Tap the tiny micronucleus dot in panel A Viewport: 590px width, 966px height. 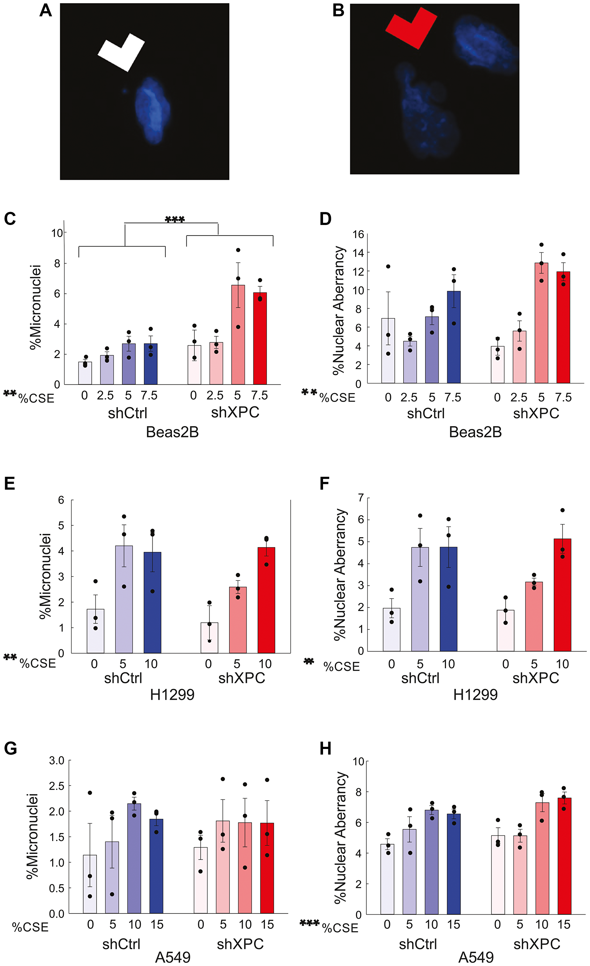tap(125, 91)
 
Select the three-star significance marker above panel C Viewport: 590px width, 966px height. tap(175, 219)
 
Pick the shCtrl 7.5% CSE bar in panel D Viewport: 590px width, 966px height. tap(453, 337)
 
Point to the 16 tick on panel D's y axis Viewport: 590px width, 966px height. tap(358, 234)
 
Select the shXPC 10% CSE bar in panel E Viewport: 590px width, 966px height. tap(266, 600)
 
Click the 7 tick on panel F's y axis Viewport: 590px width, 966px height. tap(360, 498)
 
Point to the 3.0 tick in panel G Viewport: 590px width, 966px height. tap(56, 760)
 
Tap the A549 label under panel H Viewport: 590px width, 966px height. tap(476, 957)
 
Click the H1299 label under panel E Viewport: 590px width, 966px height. tap(172, 695)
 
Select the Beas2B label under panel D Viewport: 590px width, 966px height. tap(475, 432)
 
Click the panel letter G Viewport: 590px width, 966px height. tap(10, 748)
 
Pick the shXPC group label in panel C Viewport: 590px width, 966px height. tap(235, 413)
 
